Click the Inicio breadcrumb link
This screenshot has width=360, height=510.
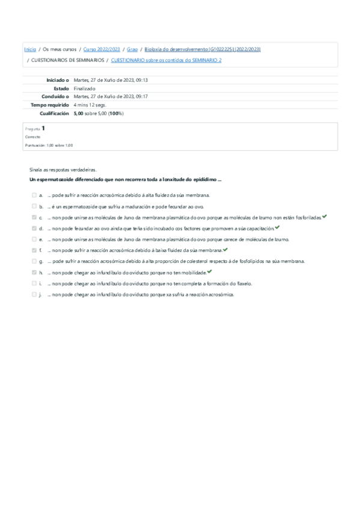29,49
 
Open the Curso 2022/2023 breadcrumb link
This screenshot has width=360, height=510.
102,49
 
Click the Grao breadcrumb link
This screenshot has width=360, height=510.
132,49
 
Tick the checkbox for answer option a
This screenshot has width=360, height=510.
34,195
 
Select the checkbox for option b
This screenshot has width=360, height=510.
34,206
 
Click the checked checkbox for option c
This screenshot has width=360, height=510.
34,217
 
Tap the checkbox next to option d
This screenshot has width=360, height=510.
34,229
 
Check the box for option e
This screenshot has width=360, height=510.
34,239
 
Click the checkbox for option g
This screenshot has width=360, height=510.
34,261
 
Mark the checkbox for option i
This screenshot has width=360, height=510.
34,283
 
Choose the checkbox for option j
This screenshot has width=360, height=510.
34,294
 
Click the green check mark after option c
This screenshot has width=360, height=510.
325,217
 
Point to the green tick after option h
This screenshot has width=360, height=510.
210,272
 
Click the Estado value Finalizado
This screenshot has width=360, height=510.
84,88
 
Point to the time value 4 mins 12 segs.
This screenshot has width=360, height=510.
90,105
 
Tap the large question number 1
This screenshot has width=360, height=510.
43,128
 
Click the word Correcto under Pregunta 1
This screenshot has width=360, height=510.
32,137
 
